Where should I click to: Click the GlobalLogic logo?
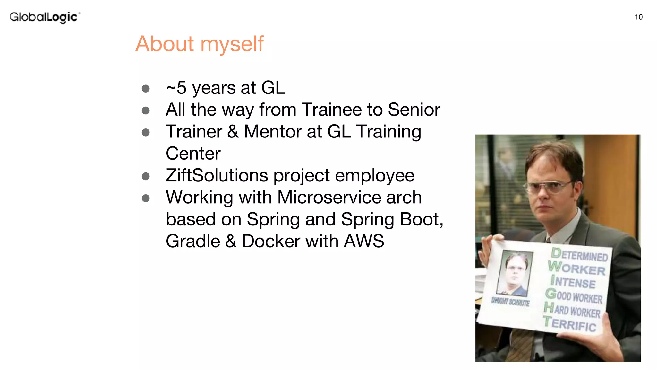click(x=45, y=17)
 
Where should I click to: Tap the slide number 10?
click(x=638, y=17)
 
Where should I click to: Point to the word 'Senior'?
click(x=414, y=110)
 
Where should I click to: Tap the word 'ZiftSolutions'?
click(x=217, y=176)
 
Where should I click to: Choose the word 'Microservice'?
click(x=329, y=198)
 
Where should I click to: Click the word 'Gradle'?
click(x=193, y=241)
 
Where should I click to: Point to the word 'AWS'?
click(x=364, y=241)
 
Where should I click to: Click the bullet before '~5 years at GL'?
click(x=146, y=89)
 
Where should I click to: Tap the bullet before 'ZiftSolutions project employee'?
click(x=146, y=176)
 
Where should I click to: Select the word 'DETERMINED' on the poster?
click(x=579, y=255)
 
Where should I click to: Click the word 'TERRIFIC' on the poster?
click(x=570, y=324)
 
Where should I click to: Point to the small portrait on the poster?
click(x=514, y=273)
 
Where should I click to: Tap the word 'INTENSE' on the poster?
click(x=573, y=282)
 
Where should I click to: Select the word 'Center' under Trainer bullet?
click(x=193, y=154)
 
